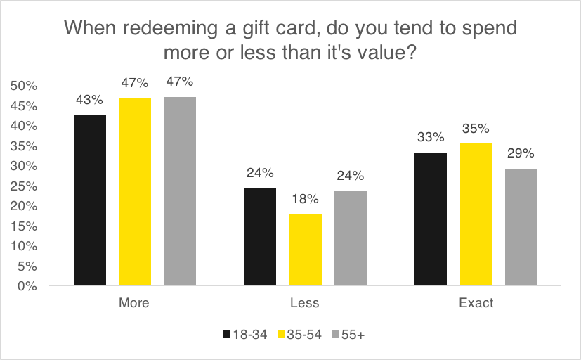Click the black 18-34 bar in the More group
click(89, 200)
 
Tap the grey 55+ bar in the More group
click(180, 191)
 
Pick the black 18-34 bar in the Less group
click(260, 237)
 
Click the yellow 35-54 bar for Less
click(306, 250)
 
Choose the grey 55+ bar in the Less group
click(351, 238)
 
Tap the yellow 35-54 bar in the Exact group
click(476, 214)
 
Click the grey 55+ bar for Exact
click(521, 227)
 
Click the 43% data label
click(89, 100)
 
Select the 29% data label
click(521, 153)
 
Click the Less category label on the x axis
click(305, 304)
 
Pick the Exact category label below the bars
click(476, 304)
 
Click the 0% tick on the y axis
click(26, 286)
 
